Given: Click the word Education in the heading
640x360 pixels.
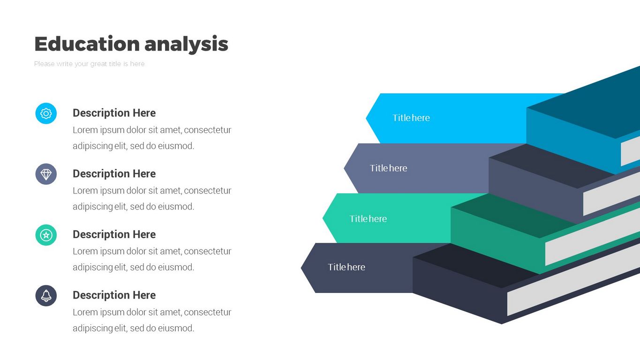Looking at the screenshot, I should pos(87,44).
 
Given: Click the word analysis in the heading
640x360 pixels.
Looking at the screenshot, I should pos(186,44).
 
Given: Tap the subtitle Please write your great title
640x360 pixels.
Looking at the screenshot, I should pos(89,64).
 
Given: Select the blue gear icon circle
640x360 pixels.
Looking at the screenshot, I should pos(46,113).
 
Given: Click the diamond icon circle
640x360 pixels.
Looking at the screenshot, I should pos(46,174).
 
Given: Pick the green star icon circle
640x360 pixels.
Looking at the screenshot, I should pos(46,235).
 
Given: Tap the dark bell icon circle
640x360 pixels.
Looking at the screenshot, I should pos(46,296).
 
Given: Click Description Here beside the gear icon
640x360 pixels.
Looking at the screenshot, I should pos(114,113).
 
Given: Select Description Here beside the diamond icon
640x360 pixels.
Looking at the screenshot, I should pos(114,174).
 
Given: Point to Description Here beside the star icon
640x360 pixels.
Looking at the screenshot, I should pos(114,234).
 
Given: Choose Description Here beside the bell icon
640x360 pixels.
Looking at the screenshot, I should pos(114,295).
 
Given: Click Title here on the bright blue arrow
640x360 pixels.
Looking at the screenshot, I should pos(411,118).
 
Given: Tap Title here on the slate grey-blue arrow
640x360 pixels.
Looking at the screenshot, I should pos(388,168).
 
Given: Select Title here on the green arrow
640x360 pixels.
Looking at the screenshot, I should pos(368,219).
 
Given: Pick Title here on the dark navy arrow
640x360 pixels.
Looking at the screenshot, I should pos(346,267).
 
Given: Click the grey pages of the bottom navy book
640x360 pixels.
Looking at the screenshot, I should pos(572,281).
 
